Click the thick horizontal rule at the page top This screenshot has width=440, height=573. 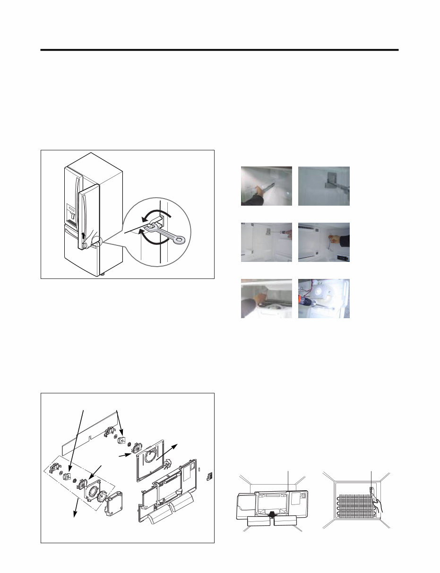(x=219, y=50)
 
